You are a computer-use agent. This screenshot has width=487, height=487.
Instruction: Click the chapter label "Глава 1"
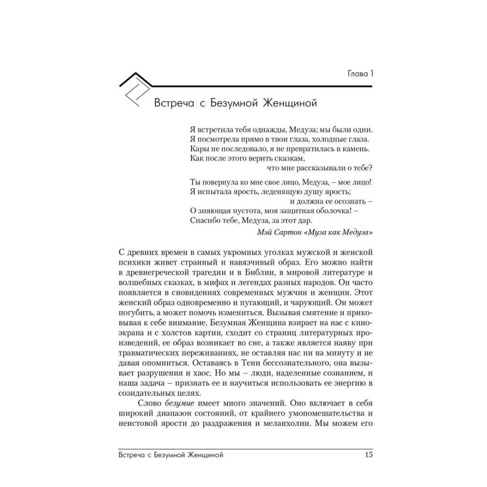point(357,75)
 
